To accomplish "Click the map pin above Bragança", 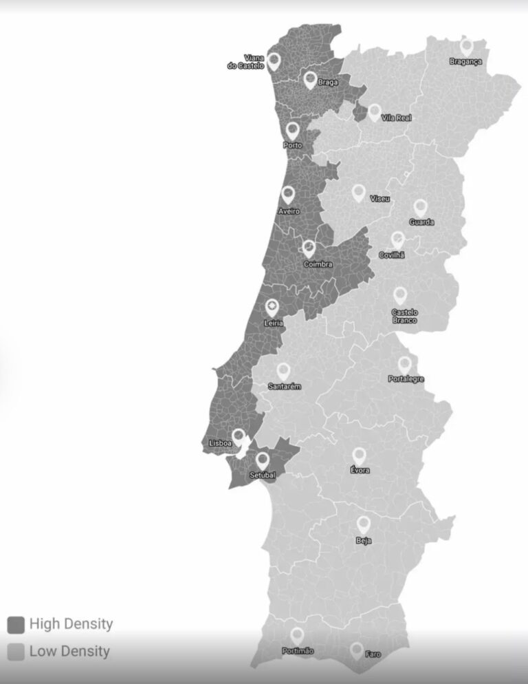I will click(467, 47).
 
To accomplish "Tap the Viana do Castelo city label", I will click(245, 62).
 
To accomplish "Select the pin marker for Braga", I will click(310, 81).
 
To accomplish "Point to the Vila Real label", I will click(396, 118).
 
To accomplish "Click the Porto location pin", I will click(293, 131).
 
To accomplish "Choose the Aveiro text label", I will click(289, 211).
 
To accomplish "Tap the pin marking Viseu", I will click(358, 193).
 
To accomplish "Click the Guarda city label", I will click(421, 222).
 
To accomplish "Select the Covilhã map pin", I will click(397, 240).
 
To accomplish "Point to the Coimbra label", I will click(318, 264).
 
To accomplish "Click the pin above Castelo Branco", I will click(400, 296).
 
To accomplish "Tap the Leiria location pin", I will click(272, 307).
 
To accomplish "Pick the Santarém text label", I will click(285, 387).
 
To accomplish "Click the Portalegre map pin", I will click(405, 365).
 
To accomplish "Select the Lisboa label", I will click(220, 444).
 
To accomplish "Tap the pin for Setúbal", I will click(263, 460).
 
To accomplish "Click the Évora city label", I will click(360, 471).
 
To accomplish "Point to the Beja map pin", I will click(363, 525).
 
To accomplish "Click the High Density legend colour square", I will click(16, 625).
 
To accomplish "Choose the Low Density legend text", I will click(69, 651).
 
